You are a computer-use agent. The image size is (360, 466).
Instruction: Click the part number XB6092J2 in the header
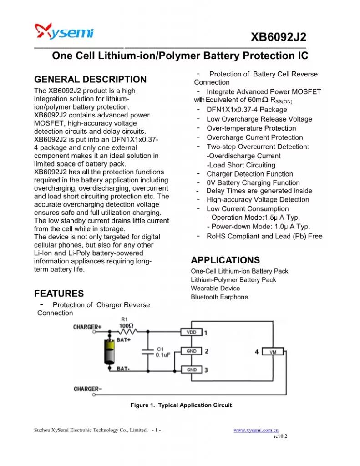tap(278, 37)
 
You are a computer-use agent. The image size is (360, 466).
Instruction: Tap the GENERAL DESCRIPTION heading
tap(91, 80)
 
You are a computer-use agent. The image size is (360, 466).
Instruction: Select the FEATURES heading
tap(59, 294)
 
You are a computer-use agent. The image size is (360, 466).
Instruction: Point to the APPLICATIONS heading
tap(225, 260)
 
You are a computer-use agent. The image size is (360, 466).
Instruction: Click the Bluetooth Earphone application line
tap(219, 297)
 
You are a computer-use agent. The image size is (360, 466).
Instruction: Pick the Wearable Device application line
tap(215, 289)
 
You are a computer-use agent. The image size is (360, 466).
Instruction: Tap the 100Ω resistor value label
tap(126, 326)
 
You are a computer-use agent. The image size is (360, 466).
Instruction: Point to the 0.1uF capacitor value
tap(163, 355)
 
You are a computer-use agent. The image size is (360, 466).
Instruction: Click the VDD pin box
tap(191, 333)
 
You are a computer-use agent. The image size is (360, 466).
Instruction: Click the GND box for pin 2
tap(191, 351)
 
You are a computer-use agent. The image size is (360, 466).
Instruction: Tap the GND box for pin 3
tap(191, 370)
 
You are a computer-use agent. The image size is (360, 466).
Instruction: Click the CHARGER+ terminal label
tap(87, 327)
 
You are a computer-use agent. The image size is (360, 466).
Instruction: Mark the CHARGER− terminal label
tap(88, 389)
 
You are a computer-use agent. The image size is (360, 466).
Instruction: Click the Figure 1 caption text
tap(181, 405)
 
